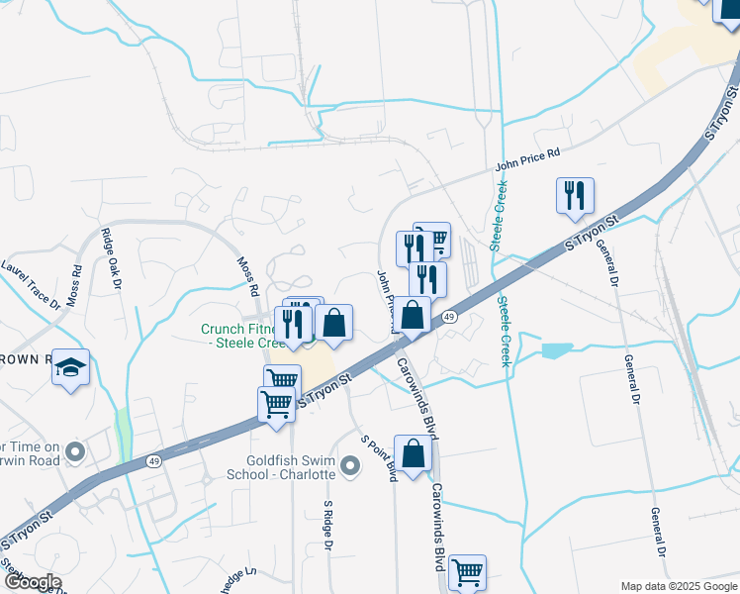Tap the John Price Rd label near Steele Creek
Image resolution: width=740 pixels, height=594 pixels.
tap(527, 158)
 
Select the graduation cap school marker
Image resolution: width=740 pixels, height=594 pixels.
tap(70, 368)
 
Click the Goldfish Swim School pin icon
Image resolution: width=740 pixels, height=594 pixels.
tap(348, 465)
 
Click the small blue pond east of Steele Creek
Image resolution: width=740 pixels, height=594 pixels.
tap(557, 350)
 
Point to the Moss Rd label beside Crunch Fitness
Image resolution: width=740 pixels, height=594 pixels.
tap(247, 278)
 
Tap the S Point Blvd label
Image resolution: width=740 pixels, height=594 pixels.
tap(379, 457)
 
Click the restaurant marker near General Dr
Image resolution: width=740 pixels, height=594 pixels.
tap(575, 197)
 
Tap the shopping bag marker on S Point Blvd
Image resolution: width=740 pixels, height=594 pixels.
tap(414, 454)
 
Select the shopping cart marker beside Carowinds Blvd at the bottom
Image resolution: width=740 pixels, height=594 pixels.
tap(467, 572)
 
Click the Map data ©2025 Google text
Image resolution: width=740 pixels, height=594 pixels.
tap(678, 586)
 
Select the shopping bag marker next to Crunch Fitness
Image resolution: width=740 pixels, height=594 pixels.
tap(333, 323)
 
